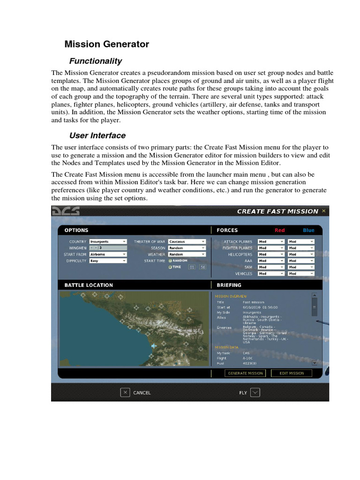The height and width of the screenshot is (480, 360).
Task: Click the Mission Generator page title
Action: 106,44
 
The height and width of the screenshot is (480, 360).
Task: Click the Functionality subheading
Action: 95,61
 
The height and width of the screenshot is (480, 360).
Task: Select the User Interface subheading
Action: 97,135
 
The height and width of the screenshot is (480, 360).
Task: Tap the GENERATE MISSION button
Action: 246,373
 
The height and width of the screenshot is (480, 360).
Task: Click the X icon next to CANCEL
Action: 125,392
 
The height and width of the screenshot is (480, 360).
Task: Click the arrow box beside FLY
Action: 255,392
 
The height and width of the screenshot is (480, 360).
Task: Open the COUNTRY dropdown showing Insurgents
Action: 108,241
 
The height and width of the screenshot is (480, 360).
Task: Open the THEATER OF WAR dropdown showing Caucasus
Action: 187,241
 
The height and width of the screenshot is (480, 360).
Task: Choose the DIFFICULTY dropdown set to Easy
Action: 108,261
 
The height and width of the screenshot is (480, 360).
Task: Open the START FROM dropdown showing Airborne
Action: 108,254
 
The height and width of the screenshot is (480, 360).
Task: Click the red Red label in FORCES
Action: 279,230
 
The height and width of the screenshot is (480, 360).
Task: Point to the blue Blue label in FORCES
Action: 308,230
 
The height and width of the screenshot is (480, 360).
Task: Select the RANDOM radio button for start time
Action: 171,261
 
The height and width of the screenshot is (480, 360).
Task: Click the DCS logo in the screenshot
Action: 66,211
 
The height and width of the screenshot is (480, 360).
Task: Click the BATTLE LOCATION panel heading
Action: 89,285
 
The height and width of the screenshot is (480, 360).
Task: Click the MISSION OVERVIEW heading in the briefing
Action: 227,296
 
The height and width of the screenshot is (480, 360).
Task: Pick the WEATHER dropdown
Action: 187,254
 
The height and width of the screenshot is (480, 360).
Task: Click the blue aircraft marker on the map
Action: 154,345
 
